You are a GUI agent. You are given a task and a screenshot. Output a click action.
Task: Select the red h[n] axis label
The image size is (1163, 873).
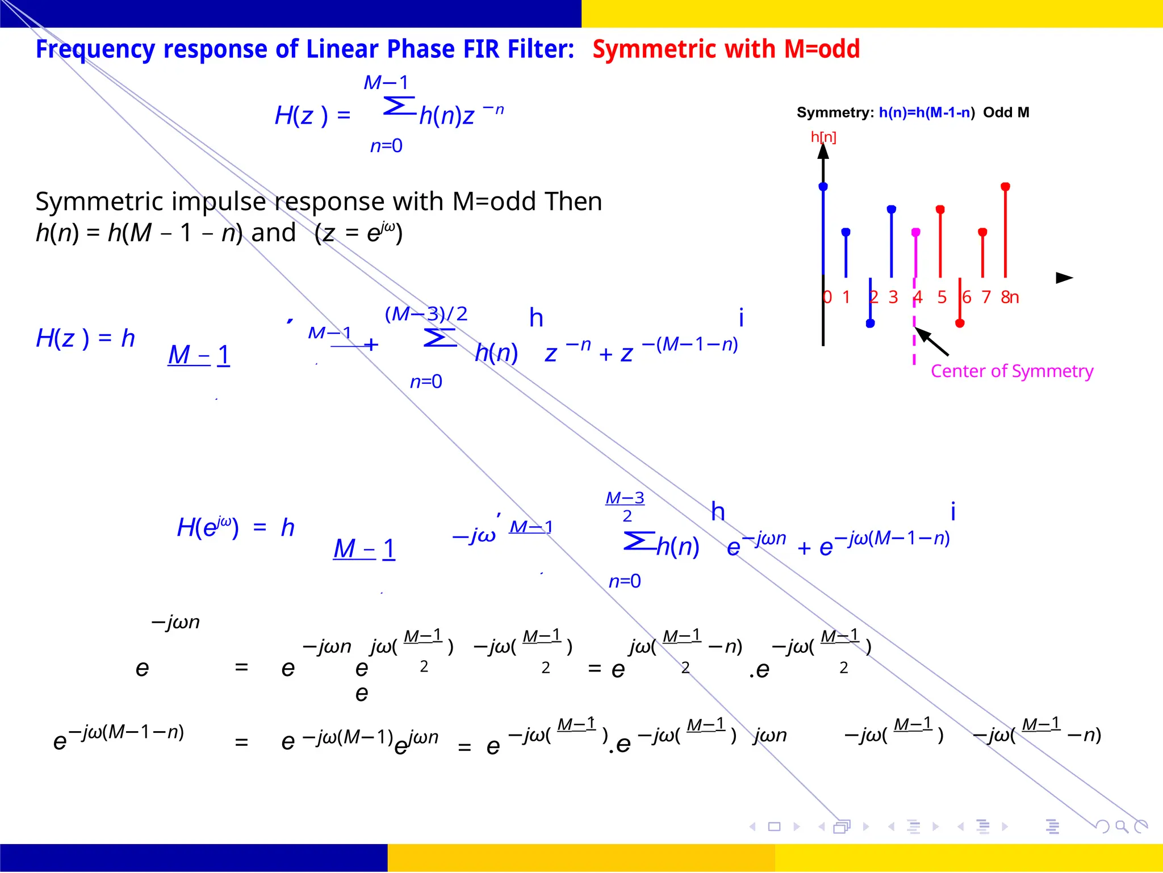[x=823, y=137]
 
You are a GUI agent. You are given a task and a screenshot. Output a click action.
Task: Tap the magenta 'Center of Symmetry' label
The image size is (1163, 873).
[x=1011, y=371]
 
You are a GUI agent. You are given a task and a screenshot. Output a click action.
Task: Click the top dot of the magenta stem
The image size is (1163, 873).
[x=915, y=232]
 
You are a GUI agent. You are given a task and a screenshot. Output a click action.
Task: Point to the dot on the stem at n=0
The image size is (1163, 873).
[x=823, y=187]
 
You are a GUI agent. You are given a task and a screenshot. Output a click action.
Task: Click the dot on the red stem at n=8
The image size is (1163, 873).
[x=1005, y=187]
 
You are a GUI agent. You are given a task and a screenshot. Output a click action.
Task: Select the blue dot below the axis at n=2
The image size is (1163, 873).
[x=870, y=324]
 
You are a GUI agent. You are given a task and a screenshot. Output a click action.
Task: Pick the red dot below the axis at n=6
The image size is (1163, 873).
[x=960, y=324]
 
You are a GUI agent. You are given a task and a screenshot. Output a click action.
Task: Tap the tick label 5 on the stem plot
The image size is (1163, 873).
[x=942, y=297]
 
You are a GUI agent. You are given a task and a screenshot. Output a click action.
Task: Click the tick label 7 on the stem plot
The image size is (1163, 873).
[x=986, y=297]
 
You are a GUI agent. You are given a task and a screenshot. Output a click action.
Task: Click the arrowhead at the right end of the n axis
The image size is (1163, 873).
[x=1064, y=278]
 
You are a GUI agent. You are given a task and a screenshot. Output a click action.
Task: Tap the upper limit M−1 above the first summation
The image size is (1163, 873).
[x=386, y=83]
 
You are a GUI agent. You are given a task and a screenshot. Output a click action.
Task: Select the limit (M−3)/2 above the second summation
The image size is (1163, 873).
[x=426, y=314]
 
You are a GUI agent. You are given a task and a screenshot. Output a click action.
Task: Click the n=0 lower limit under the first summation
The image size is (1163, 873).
[x=386, y=146]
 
